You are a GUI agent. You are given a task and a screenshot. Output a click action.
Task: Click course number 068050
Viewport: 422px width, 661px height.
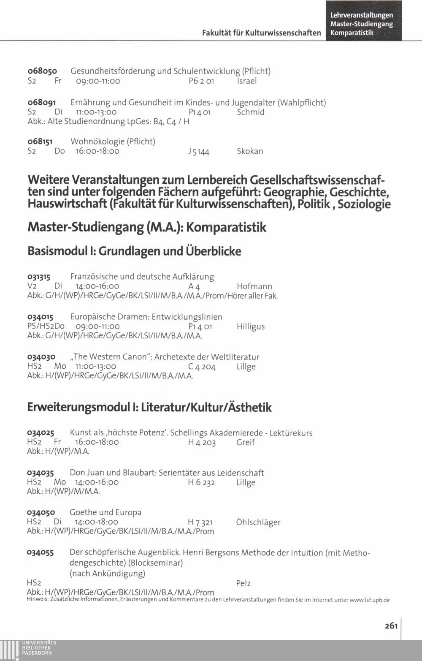[42, 71]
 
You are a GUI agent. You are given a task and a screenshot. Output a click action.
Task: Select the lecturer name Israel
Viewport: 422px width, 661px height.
[247, 81]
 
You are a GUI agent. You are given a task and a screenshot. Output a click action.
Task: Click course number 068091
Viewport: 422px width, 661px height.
[42, 103]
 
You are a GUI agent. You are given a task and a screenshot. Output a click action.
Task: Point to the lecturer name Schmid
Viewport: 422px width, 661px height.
[251, 112]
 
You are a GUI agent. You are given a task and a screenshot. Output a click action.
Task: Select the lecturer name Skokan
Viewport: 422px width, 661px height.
[250, 151]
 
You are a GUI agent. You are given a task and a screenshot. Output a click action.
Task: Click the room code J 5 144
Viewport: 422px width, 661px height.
[199, 152]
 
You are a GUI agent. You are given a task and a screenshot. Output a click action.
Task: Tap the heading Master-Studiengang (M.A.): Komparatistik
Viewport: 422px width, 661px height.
[147, 228]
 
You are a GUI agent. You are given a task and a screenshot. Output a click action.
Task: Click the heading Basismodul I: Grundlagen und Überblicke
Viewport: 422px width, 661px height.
[134, 251]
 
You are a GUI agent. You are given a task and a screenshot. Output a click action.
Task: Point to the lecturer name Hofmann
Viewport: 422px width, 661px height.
[254, 287]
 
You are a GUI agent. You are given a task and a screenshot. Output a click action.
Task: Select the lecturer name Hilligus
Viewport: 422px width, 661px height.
[251, 326]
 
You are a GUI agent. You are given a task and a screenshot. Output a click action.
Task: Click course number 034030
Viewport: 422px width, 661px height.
[41, 357]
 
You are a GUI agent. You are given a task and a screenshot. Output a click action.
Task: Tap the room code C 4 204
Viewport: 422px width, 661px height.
[202, 367]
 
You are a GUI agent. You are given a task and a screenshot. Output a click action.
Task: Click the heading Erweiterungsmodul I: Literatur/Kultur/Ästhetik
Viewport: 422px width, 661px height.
[149, 408]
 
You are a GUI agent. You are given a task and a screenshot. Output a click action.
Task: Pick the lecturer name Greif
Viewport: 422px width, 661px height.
[246, 443]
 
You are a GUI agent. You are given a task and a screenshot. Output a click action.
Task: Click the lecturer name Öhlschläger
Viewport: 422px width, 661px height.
[258, 522]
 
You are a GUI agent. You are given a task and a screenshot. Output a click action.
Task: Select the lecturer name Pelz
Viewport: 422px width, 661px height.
[243, 584]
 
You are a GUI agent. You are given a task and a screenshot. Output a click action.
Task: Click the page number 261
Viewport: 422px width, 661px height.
[391, 626]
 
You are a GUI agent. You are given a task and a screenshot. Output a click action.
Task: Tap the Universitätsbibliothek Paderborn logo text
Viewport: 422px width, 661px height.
[37, 648]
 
